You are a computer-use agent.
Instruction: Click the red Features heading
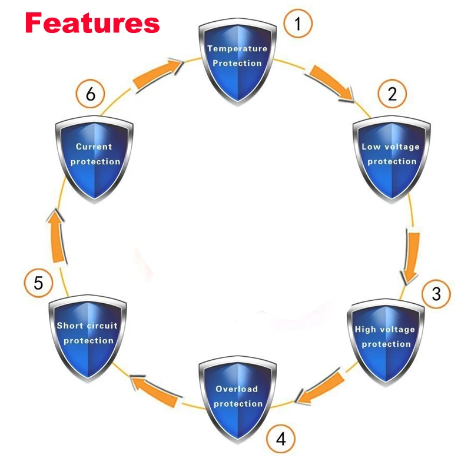(x=92, y=23)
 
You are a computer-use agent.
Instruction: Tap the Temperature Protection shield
(x=237, y=59)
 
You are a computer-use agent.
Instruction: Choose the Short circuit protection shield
(x=88, y=336)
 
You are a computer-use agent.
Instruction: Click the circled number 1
(x=298, y=24)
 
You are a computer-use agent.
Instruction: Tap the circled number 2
(x=392, y=94)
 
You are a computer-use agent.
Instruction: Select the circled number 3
(x=436, y=293)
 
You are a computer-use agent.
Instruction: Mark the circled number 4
(x=281, y=439)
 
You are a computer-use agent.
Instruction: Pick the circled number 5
(x=38, y=283)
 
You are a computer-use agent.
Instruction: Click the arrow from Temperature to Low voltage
(x=331, y=84)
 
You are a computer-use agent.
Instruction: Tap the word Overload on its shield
(x=237, y=389)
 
